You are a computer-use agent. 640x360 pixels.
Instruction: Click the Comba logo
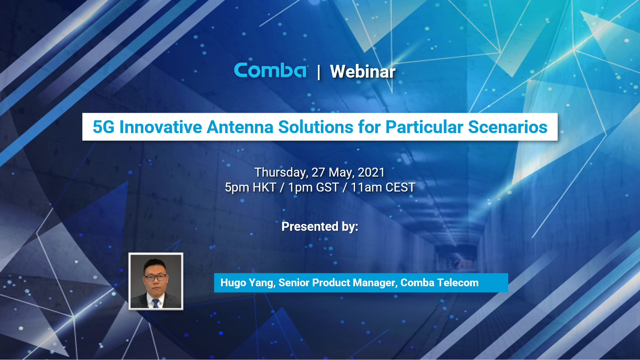(270, 71)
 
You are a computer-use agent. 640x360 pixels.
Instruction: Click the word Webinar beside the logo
(363, 72)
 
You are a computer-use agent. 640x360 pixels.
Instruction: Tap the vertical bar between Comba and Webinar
(318, 72)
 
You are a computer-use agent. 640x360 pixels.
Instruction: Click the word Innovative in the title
(161, 127)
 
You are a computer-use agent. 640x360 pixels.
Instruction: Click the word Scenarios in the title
(508, 127)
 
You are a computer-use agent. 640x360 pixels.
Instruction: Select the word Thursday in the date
(281, 172)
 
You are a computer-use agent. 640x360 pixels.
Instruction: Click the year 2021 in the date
(371, 172)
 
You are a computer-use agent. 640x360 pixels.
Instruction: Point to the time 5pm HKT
(250, 188)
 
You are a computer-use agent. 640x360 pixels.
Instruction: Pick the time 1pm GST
(314, 188)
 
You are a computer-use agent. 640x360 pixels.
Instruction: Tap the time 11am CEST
(383, 188)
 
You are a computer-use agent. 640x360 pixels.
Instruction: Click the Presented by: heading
(320, 226)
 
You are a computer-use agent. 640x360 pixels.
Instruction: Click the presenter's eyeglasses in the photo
(155, 278)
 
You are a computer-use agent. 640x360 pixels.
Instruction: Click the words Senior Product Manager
(337, 283)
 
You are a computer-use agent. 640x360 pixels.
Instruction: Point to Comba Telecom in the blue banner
(439, 283)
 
